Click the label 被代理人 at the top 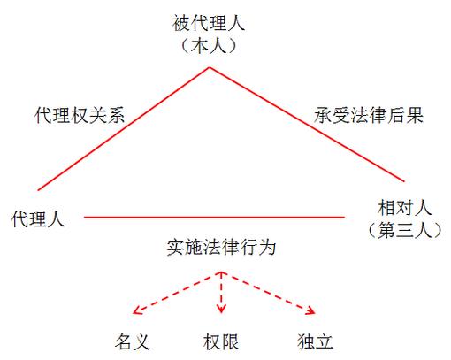click(209, 24)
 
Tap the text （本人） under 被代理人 click(209, 46)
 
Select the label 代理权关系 click(80, 115)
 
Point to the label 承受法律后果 click(369, 115)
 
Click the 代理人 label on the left click(38, 219)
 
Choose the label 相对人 click(404, 208)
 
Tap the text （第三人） click(404, 230)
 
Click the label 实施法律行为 click(221, 247)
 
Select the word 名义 click(133, 341)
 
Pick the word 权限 click(221, 341)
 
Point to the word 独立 click(315, 341)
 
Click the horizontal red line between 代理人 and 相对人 click(214, 218)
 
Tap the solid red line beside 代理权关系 click(124, 129)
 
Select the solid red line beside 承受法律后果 click(307, 125)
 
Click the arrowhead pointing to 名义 click(137, 310)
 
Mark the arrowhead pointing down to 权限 click(221, 309)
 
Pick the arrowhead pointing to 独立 click(311, 310)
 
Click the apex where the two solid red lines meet click(210, 68)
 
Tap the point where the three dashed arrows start click(221, 272)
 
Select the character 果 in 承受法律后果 click(415, 115)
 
